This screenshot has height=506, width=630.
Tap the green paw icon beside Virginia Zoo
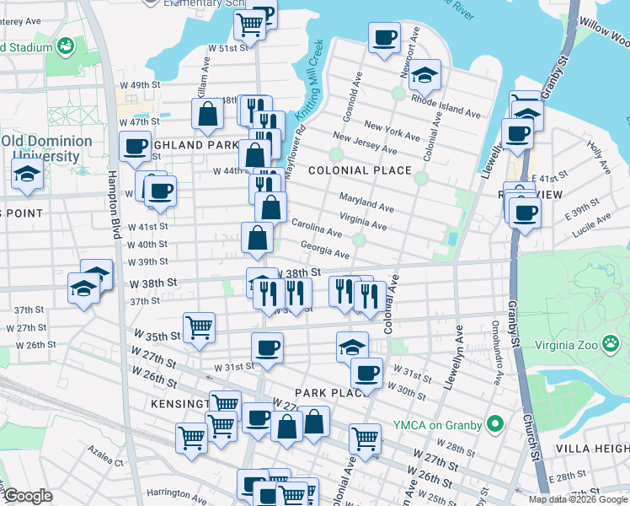(611, 343)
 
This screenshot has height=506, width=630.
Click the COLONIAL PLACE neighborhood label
(360, 170)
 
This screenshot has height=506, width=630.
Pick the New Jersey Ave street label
(364, 143)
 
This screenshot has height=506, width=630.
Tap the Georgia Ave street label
(325, 250)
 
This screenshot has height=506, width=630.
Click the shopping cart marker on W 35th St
(199, 326)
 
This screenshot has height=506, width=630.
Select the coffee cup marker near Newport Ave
(384, 37)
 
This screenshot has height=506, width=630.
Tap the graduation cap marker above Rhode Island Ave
(425, 74)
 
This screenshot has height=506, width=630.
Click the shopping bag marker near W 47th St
(207, 113)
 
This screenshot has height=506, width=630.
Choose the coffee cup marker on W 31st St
(268, 347)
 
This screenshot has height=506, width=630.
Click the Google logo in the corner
(27, 496)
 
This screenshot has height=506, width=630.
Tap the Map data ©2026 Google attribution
(577, 499)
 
